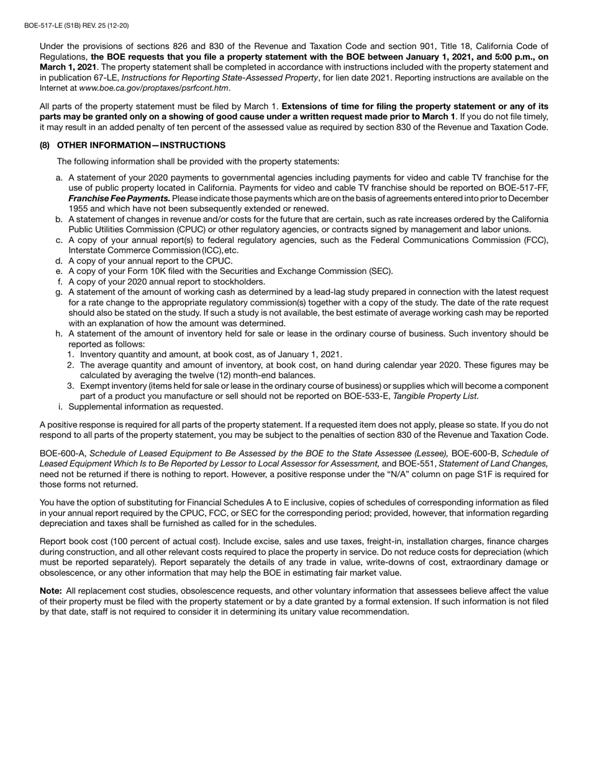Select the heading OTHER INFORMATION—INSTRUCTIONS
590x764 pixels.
[141, 145]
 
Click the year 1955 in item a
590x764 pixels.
[78, 209]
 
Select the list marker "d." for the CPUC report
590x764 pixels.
[59, 261]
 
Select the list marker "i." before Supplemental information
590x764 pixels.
[60, 407]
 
